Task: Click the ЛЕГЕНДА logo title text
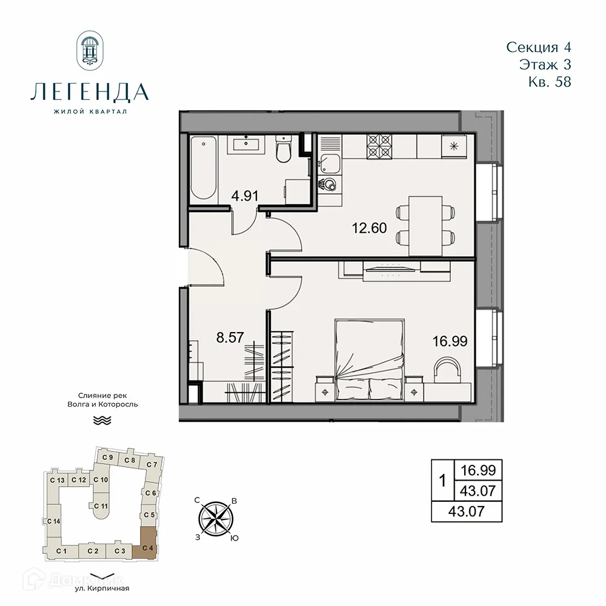pyautogui.click(x=89, y=92)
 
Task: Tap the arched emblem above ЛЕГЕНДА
pyautogui.click(x=90, y=52)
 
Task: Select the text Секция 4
pyautogui.click(x=538, y=47)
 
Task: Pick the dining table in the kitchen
pyautogui.click(x=429, y=225)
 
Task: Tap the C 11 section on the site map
pyautogui.click(x=101, y=507)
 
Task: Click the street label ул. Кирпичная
pyautogui.click(x=102, y=588)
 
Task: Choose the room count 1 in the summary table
pyautogui.click(x=442, y=482)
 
